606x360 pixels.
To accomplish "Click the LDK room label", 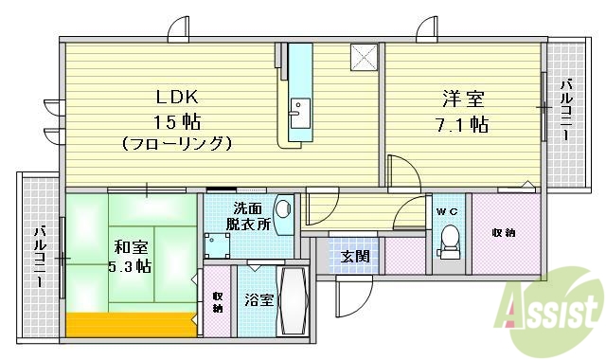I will coord(176,98).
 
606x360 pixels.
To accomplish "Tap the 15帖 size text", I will coord(176,121).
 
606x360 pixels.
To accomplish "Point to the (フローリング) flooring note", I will coord(176,144).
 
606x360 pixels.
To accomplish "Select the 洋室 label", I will coord(461,99).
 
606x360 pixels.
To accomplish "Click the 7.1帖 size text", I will coord(461,124).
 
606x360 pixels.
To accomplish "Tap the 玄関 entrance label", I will coord(356,256).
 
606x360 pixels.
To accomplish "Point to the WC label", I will coord(447,211).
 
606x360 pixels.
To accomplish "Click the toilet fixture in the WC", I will coord(449,242).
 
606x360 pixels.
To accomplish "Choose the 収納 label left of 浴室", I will coord(218,302).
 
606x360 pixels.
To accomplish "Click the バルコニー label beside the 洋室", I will coord(565,111).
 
